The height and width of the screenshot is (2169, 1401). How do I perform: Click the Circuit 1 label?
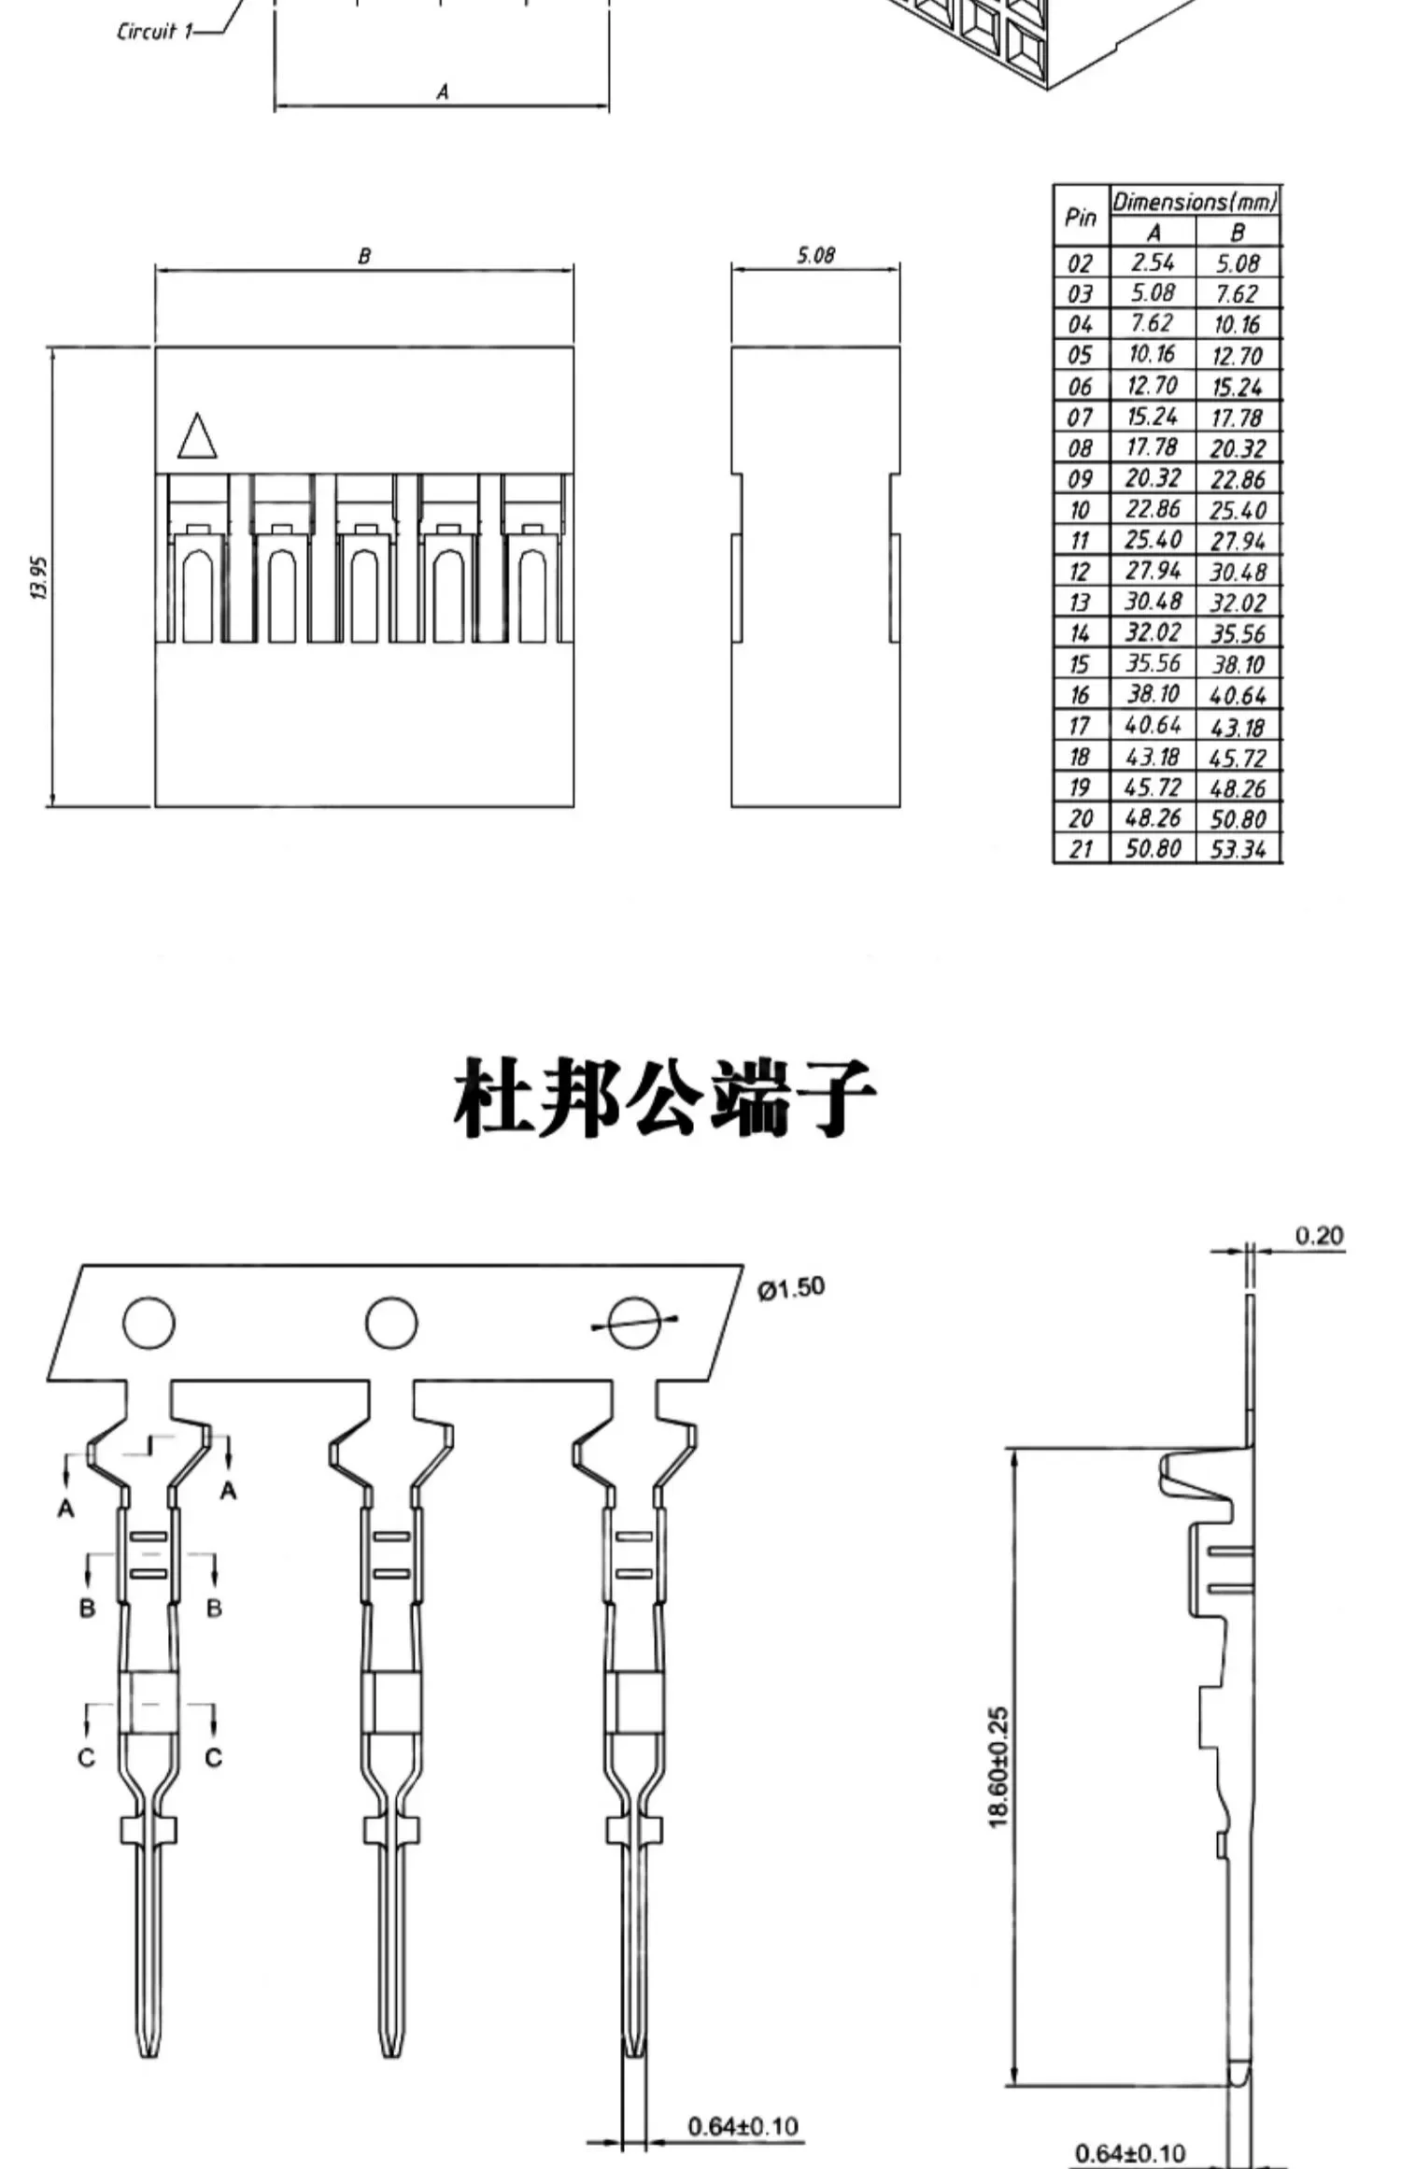coord(155,32)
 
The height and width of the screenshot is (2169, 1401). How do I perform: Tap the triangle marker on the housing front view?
coord(197,436)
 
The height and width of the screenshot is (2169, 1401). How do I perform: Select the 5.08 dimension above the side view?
coord(815,255)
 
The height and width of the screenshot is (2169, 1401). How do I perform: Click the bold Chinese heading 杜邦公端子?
coord(664,1099)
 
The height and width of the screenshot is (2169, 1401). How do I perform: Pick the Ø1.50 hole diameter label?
coord(790,1287)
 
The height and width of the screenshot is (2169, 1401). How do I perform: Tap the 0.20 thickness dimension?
coord(1319,1236)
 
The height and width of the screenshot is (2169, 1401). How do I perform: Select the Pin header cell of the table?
coord(1081,217)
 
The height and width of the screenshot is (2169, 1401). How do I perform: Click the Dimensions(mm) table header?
coord(1195,201)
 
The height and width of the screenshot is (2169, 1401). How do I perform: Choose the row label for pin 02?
coord(1080,263)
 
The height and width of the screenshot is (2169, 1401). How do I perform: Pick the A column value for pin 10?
coord(1153,509)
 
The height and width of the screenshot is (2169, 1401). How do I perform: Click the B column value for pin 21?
coord(1238,849)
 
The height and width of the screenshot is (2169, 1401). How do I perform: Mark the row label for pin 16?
coord(1080,695)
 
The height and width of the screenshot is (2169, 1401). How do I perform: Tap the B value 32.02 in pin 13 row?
coord(1238,602)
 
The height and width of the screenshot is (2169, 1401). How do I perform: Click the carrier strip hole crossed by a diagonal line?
coord(634,1323)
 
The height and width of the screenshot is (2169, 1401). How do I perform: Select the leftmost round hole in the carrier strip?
coord(149,1323)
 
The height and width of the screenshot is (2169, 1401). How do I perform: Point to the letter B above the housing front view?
coord(364,255)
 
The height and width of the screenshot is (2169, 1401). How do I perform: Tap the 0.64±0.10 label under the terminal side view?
coord(1129,2153)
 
